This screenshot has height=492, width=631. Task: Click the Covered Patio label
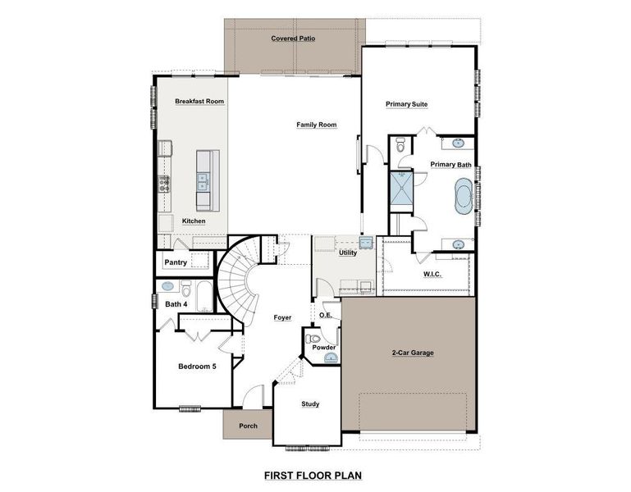click(x=293, y=39)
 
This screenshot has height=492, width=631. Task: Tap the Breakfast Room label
click(x=199, y=102)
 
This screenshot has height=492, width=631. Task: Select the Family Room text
click(x=317, y=125)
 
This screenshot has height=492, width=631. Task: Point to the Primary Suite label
click(x=407, y=104)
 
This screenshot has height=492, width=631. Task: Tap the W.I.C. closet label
click(x=432, y=274)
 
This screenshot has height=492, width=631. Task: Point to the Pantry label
click(x=176, y=262)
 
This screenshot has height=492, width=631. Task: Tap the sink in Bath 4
click(x=169, y=287)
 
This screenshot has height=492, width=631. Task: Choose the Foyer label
click(x=281, y=317)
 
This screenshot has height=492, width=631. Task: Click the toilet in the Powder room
click(x=313, y=339)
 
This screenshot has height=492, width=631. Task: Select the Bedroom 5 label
click(x=197, y=366)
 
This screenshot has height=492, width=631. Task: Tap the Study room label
click(x=310, y=403)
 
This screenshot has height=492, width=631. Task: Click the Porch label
click(x=248, y=426)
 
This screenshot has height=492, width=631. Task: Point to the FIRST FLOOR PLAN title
click(x=312, y=475)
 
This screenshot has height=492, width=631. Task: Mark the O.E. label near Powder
click(x=325, y=315)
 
